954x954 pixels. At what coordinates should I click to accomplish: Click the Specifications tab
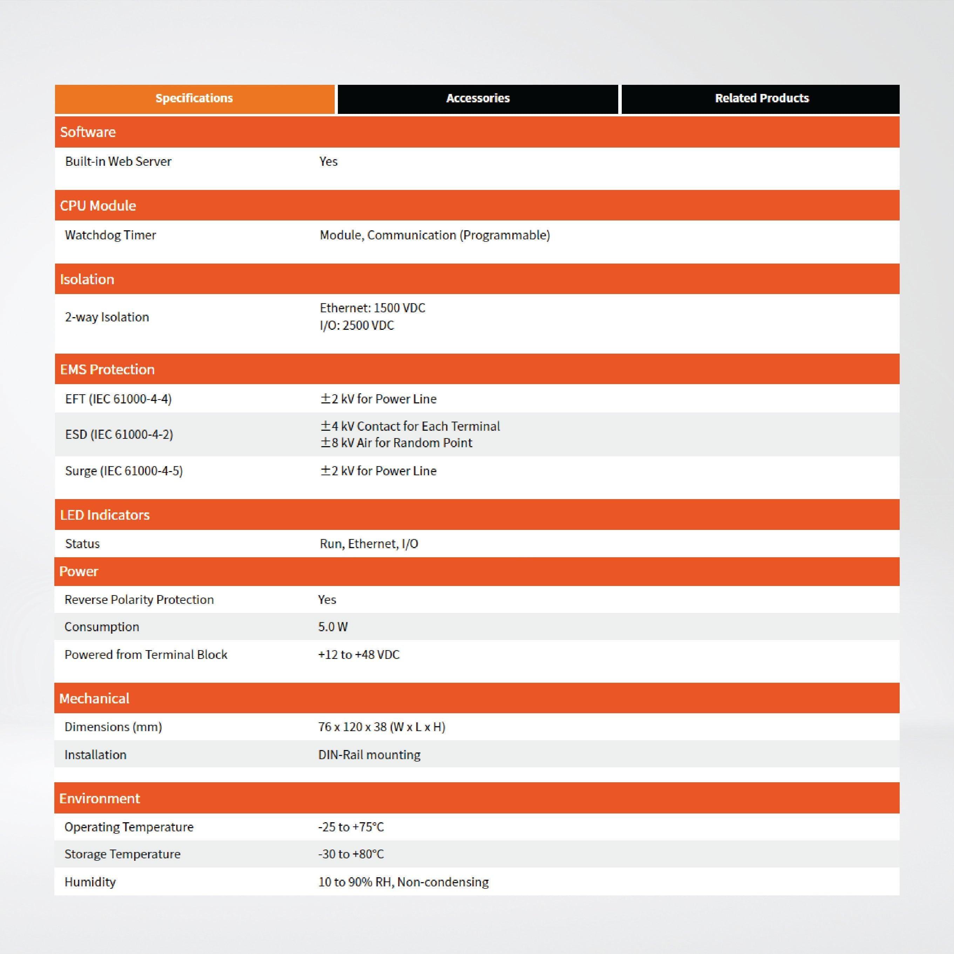[x=194, y=98]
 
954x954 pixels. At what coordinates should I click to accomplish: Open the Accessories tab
[x=477, y=98]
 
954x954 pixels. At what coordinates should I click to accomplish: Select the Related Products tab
[x=762, y=98]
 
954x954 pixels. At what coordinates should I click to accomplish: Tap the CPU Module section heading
[x=98, y=205]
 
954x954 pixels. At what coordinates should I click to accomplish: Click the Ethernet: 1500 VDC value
[x=372, y=308]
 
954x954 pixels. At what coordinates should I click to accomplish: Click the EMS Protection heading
[x=107, y=369]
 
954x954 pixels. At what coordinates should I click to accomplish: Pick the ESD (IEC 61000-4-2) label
[x=119, y=435]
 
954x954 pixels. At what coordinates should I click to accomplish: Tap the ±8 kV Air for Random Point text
[x=396, y=443]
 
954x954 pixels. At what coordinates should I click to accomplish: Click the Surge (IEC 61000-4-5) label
[x=124, y=471]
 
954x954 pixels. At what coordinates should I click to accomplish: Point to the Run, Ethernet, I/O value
[x=369, y=544]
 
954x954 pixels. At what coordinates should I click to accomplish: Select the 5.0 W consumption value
[x=333, y=627]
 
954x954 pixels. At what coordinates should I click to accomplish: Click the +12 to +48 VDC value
[x=359, y=655]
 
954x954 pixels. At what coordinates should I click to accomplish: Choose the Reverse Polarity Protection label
[x=139, y=599]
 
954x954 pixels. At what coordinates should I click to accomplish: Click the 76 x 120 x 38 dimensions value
[x=382, y=727]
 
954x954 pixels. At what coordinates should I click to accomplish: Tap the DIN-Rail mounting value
[x=369, y=755]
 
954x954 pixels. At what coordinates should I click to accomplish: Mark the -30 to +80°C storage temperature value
[x=351, y=854]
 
